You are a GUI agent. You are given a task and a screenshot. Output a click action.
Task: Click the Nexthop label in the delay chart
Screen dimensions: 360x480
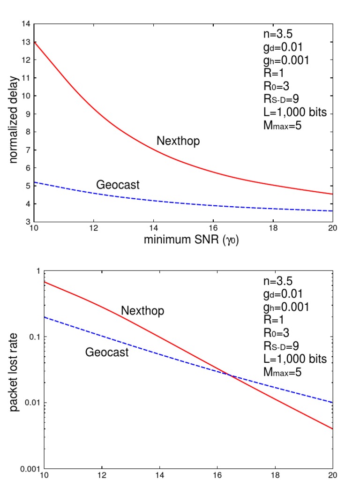tap(178, 141)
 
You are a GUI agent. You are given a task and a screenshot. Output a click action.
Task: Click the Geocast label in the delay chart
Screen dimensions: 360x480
tap(118, 185)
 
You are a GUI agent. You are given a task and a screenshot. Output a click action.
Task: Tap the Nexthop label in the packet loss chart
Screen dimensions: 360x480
tap(142, 311)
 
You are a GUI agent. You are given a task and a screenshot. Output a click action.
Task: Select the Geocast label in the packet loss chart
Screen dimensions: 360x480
tap(107, 352)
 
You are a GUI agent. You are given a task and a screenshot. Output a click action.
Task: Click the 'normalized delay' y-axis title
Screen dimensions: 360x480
tap(13, 120)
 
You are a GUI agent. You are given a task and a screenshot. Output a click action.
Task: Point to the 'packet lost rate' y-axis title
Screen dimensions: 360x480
tap(13, 372)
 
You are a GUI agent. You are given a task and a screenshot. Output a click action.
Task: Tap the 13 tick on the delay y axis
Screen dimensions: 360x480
tap(26, 42)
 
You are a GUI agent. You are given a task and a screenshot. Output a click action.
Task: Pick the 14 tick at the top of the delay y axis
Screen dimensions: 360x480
tap(26, 24)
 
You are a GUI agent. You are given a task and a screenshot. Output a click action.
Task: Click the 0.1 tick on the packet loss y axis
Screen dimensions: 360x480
tap(35, 337)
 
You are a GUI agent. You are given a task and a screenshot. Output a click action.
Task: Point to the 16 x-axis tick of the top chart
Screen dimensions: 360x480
tap(213, 228)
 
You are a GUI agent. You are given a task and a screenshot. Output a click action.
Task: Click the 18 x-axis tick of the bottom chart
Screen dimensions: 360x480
tap(275, 475)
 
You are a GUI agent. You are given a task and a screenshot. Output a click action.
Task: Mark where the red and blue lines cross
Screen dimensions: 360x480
tap(230, 375)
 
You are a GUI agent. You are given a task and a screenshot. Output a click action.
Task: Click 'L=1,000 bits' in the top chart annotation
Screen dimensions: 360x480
tap(295, 112)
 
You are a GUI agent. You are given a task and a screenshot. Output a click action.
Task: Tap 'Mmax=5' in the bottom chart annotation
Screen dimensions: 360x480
tap(282, 372)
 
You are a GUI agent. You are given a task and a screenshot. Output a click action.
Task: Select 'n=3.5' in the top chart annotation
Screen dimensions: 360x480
tap(278, 34)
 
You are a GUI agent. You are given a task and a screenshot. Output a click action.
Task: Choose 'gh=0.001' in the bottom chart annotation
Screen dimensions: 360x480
tap(286, 307)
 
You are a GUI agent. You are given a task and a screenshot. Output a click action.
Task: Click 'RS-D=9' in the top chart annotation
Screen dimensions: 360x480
tap(281, 99)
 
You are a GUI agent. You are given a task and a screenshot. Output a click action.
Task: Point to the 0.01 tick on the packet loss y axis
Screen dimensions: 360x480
tap(32, 403)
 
